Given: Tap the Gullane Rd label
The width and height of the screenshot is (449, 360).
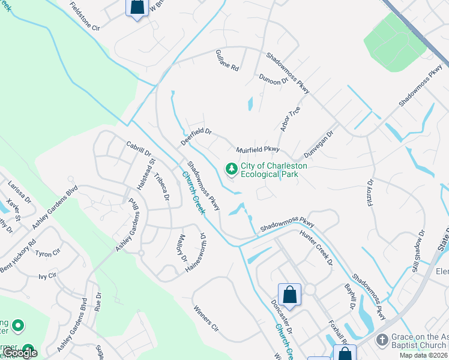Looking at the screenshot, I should coord(227,61).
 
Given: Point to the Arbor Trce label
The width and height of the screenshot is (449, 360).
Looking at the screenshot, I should coord(290,118).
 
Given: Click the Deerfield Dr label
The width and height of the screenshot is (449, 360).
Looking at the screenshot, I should coord(196,136).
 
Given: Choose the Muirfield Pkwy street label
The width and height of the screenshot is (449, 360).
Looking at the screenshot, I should coord(258,148).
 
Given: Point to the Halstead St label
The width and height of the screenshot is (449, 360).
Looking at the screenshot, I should coord(146,174).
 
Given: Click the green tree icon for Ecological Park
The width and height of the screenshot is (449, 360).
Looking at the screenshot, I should coord(231,170).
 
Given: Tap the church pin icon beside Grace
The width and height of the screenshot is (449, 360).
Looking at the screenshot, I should coord(381,340).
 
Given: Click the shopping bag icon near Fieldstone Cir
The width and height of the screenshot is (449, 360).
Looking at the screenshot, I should coord(137,7).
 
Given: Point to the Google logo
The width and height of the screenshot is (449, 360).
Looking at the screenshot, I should coord(19,353).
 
